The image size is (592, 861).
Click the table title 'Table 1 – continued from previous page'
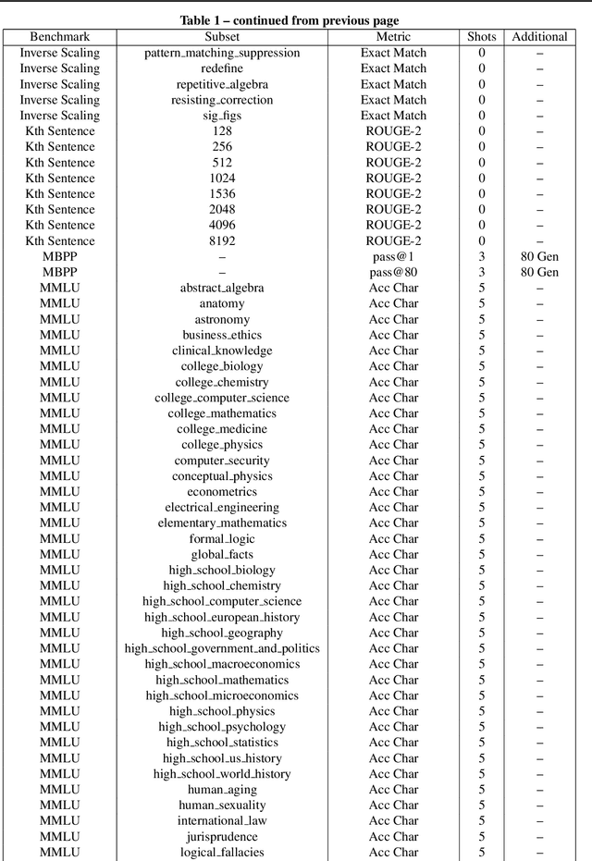(296, 19)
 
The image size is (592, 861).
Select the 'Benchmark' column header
(60, 37)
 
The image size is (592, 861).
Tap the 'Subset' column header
(222, 37)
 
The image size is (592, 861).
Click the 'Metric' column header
(393, 37)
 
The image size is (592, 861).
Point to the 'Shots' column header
(481, 37)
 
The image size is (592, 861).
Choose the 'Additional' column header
(539, 37)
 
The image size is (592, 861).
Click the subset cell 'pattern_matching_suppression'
(222, 53)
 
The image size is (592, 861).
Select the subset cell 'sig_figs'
(222, 116)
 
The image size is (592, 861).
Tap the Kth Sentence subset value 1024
(222, 178)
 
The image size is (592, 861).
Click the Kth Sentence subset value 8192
(222, 241)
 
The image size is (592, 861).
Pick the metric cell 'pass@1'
(393, 257)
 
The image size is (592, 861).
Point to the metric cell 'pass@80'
(393, 273)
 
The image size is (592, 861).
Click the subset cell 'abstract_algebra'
(222, 289)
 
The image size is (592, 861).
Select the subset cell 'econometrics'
(222, 492)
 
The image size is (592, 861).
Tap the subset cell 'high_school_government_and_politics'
(222, 648)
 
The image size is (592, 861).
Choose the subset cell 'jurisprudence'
(222, 836)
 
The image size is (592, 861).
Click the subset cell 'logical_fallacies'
(222, 852)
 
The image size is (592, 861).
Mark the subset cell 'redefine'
(222, 68)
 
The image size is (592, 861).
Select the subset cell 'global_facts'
(222, 555)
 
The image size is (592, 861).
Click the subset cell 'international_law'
(222, 820)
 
